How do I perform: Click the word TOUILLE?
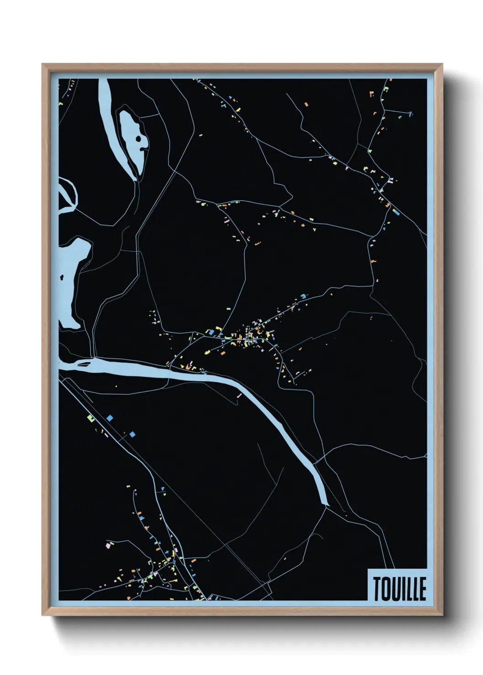pos(400,588)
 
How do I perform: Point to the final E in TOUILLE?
pos(423,589)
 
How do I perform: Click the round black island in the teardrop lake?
pos(138,139)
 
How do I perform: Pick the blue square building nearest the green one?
pos(110,417)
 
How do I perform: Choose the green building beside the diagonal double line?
pos(90,417)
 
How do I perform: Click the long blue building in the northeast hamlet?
pos(396,212)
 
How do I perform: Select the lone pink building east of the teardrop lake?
pos(200,135)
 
